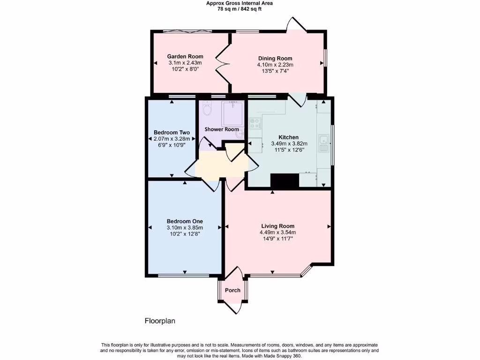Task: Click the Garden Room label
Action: click(x=185, y=57)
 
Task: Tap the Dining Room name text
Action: click(x=275, y=59)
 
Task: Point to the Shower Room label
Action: click(x=222, y=129)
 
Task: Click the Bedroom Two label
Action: click(x=172, y=133)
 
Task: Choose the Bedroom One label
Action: click(x=185, y=222)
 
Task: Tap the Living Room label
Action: click(x=277, y=226)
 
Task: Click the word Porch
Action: click(x=232, y=290)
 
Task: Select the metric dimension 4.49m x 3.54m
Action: click(x=277, y=232)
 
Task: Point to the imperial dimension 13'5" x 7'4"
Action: click(x=275, y=71)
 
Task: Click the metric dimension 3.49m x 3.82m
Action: click(x=289, y=143)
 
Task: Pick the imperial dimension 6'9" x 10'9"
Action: click(x=172, y=145)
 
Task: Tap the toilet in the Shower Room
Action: click(x=208, y=110)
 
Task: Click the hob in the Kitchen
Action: click(x=255, y=123)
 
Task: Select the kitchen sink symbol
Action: click(x=323, y=142)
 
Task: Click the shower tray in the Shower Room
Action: click(x=232, y=112)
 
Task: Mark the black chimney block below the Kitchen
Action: click(x=285, y=181)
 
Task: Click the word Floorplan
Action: click(x=159, y=321)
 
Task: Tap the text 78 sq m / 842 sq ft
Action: click(x=240, y=9)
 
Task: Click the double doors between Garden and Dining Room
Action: click(x=221, y=64)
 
